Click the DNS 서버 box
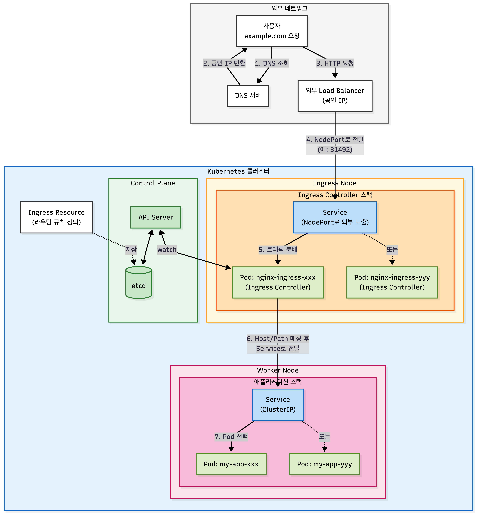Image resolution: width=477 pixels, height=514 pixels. pyautogui.click(x=248, y=96)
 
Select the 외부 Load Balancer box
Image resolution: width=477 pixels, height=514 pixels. pyautogui.click(x=335, y=96)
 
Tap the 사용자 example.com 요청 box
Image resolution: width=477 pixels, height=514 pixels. pyautogui.click(x=272, y=31)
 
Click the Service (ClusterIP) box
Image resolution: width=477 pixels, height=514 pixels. pyautogui.click(x=278, y=404)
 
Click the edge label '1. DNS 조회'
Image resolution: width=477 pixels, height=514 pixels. pyautogui.click(x=272, y=63)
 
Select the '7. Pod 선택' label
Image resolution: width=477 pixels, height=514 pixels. pyautogui.click(x=231, y=437)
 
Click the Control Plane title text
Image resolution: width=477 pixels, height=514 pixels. pyautogui.click(x=153, y=183)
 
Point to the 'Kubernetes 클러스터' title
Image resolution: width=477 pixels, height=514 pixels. pyautogui.click(x=238, y=171)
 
